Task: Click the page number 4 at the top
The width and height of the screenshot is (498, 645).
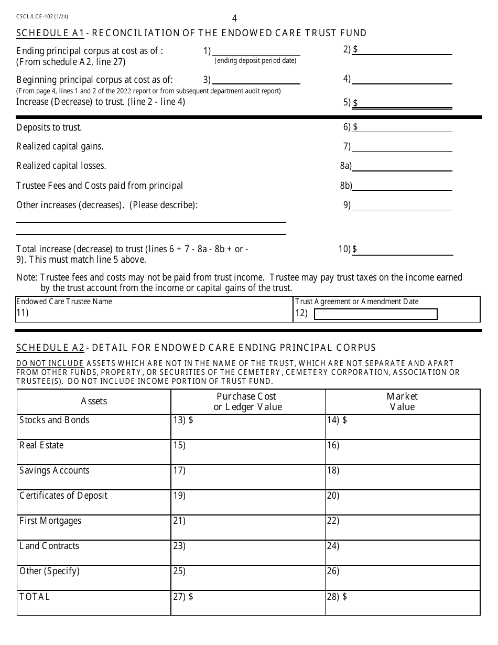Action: (x=234, y=18)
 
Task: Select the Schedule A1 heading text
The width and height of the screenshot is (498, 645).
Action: (x=191, y=34)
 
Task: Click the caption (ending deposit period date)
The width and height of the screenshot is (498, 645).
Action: (x=255, y=61)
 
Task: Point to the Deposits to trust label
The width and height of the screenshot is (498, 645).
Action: (x=49, y=127)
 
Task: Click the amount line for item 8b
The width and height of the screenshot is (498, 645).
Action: (x=402, y=186)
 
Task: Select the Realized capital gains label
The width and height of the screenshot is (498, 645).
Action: (x=60, y=147)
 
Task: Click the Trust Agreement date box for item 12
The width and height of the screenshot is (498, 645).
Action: (x=375, y=314)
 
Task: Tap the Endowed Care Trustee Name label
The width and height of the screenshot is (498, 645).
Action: (x=64, y=302)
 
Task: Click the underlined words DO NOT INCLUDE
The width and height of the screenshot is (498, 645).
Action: (x=50, y=363)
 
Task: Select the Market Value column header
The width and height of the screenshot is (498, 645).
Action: (x=402, y=402)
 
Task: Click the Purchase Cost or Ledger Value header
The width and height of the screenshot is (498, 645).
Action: (x=247, y=402)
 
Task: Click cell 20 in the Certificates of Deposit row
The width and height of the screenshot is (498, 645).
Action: (x=402, y=502)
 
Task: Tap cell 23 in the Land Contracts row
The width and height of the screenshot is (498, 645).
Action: (x=247, y=553)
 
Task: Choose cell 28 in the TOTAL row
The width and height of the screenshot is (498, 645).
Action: (x=402, y=603)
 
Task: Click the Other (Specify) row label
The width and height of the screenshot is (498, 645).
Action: (x=49, y=571)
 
